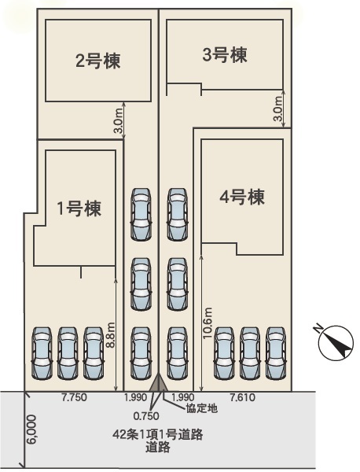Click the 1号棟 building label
[x=79, y=208]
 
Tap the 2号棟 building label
[x=97, y=61]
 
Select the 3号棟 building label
[x=225, y=55]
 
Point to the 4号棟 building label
[x=242, y=197]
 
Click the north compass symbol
[x=336, y=342]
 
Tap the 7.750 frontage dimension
[x=75, y=397]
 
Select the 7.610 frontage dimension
[x=242, y=397]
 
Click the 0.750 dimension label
[x=146, y=416]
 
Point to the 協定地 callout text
[x=201, y=408]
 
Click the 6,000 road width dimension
[x=31, y=430]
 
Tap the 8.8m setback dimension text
[x=111, y=335]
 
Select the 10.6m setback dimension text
[x=208, y=323]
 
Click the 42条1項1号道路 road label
[x=158, y=435]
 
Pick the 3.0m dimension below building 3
[x=278, y=109]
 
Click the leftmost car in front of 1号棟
[x=42, y=353]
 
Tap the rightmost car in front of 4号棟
[x=276, y=353]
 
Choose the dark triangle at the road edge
[x=159, y=383]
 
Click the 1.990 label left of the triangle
[x=136, y=397]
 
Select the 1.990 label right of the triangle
[x=182, y=397]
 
